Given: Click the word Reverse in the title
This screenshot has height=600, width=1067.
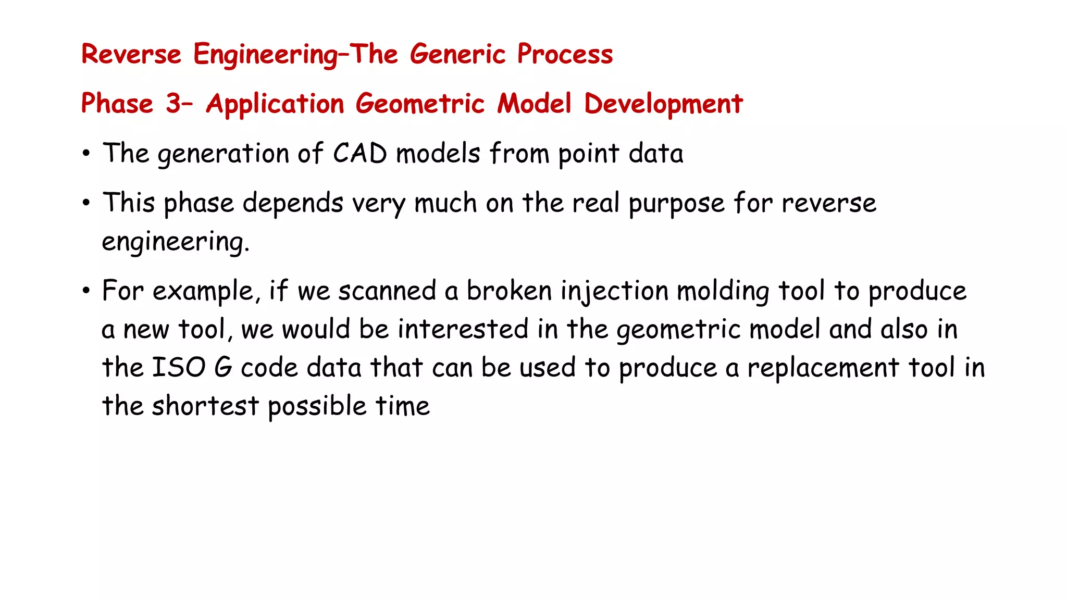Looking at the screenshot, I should tap(131, 54).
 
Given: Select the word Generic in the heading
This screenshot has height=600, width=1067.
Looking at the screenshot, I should tap(457, 54).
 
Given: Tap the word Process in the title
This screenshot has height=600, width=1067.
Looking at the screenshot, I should tap(565, 54).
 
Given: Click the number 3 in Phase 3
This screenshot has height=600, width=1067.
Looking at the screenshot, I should tap(173, 103).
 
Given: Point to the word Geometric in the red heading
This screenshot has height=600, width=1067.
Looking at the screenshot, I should tap(420, 103).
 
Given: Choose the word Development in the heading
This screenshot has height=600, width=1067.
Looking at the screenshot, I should tap(663, 103).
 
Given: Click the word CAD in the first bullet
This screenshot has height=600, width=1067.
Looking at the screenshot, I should tap(359, 154).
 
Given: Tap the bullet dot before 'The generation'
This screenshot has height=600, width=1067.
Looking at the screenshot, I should tap(86, 154).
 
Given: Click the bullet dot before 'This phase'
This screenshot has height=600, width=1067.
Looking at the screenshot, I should tap(86, 203).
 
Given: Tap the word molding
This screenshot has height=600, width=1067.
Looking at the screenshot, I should tap(722, 291).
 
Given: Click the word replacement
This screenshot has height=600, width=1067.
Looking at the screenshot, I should tap(823, 368).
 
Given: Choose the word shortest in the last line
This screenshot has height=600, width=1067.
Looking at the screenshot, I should tap(205, 406).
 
